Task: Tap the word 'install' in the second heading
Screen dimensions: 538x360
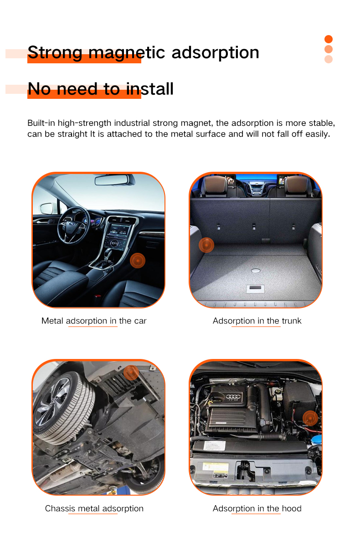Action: click(x=150, y=88)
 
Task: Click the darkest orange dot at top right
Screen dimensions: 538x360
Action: click(x=329, y=39)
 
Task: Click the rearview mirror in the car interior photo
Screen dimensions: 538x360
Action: click(x=114, y=180)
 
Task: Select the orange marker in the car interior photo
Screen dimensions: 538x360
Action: click(x=137, y=261)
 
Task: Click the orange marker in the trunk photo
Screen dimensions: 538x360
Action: click(x=206, y=245)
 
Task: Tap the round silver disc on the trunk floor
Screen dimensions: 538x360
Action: click(x=256, y=270)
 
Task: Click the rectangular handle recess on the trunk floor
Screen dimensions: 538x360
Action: click(x=255, y=289)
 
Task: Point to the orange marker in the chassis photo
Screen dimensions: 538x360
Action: click(x=131, y=373)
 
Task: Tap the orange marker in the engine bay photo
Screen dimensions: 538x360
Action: click(x=310, y=417)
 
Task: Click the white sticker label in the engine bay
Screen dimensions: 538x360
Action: click(x=215, y=468)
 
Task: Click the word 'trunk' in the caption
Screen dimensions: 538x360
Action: click(x=291, y=321)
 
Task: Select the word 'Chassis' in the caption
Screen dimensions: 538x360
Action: click(x=60, y=508)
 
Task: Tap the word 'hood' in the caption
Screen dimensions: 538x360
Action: click(x=291, y=508)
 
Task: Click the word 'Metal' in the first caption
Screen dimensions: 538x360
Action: click(x=52, y=321)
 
